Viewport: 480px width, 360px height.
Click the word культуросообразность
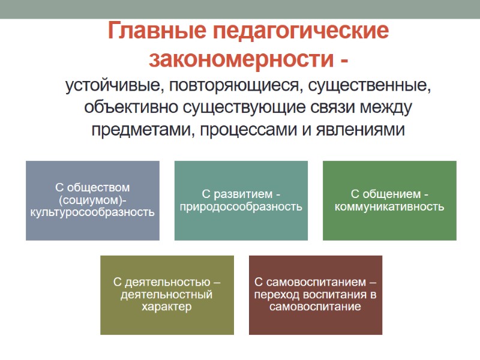pyautogui.click(x=92, y=212)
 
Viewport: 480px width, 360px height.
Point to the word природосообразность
pyautogui.click(x=241, y=207)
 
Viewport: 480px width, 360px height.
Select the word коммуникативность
pyautogui.click(x=389, y=207)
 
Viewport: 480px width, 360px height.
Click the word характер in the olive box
pyautogui.click(x=167, y=307)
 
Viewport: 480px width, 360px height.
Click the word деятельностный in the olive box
pyautogui.click(x=167, y=295)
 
